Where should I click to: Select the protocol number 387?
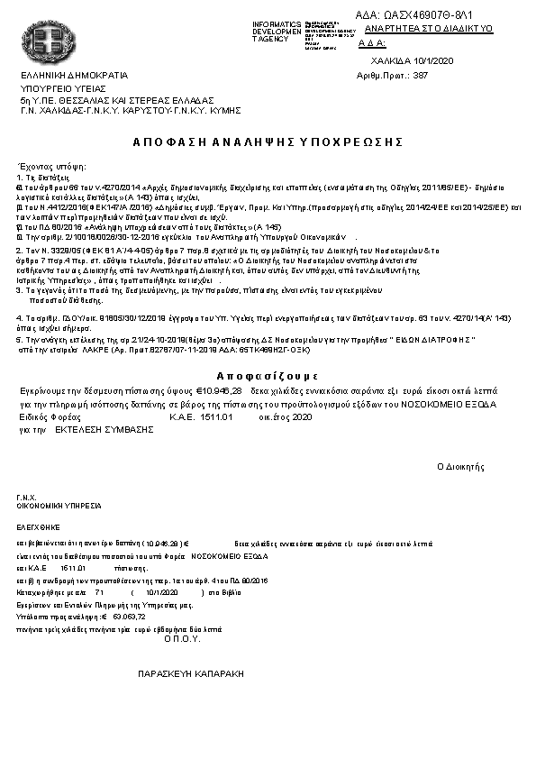[420, 76]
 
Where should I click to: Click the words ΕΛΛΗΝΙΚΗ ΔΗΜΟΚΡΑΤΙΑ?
[74, 75]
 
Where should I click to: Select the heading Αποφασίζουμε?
[268, 375]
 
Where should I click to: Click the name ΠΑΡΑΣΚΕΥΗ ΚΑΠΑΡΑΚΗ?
[190, 673]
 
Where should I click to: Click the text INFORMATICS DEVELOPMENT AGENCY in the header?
[277, 32]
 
